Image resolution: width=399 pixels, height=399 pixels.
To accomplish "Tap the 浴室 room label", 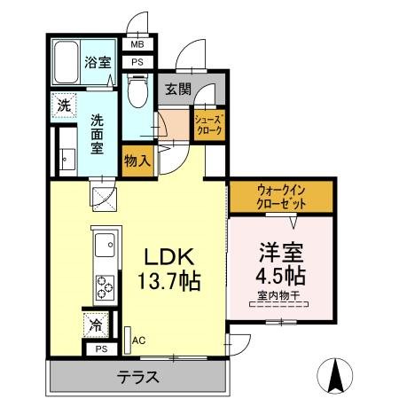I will tap(97, 63).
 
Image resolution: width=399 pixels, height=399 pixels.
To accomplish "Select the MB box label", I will tap(137, 44).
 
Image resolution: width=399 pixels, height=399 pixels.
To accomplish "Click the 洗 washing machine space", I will tap(64, 103).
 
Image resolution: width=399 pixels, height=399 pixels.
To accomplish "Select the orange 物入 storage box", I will tap(137, 160).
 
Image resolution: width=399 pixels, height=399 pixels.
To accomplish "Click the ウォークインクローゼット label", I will tap(282, 196).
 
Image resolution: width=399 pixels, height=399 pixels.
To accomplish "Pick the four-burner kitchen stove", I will tap(105, 286).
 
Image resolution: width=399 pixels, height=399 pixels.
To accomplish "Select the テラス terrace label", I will tap(138, 377).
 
